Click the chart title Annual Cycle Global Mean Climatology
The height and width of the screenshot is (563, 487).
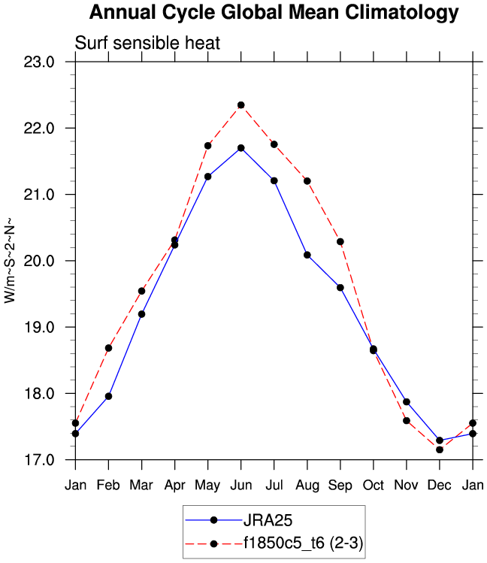[274, 13]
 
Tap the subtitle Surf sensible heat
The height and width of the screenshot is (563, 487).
[147, 43]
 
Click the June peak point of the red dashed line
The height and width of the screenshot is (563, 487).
[241, 105]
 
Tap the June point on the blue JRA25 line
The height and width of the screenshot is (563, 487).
[241, 148]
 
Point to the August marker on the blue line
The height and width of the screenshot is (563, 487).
[307, 255]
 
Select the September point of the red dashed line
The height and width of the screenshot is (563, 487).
[340, 241]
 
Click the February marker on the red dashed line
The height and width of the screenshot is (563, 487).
[109, 348]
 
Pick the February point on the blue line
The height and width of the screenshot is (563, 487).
[109, 396]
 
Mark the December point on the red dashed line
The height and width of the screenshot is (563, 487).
[440, 449]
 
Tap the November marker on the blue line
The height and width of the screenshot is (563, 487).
[407, 402]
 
